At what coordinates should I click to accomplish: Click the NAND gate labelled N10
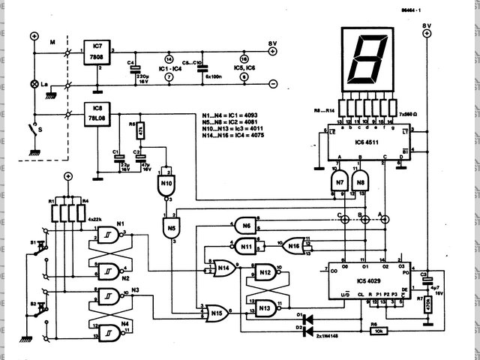click(x=166, y=182)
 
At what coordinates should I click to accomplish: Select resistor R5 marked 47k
click(x=140, y=133)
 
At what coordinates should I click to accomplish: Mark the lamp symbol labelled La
click(x=34, y=85)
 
